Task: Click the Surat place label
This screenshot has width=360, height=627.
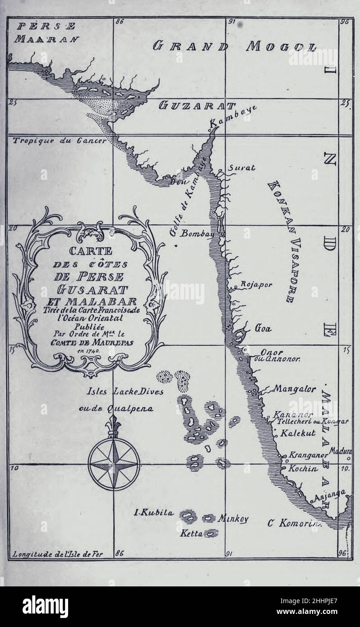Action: click(241, 168)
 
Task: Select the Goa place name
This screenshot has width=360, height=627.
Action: click(263, 328)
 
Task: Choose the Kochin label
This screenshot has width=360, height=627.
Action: click(303, 468)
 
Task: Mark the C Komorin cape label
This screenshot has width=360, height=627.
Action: click(294, 523)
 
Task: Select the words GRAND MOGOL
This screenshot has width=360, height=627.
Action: click(235, 46)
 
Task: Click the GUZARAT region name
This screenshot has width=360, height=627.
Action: click(197, 106)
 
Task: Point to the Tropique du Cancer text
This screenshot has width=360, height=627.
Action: click(60, 140)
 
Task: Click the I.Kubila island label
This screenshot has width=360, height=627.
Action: click(154, 512)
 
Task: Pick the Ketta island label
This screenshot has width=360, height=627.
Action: click(192, 534)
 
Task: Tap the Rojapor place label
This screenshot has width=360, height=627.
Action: click(256, 285)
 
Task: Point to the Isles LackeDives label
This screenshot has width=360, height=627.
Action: click(125, 392)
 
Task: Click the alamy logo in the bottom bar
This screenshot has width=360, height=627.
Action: click(45, 606)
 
